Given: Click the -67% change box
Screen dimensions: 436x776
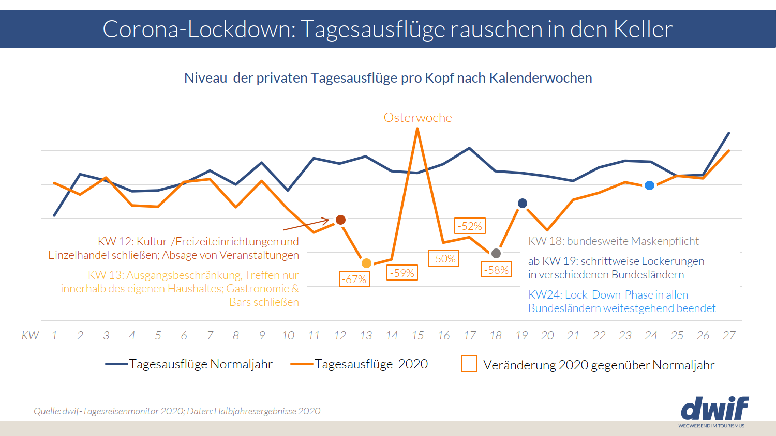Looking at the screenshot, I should point(355,279).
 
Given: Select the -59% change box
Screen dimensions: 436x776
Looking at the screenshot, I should point(402,273).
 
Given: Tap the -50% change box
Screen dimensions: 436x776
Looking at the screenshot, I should point(444,258).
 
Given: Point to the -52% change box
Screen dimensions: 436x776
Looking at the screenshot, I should point(470,226).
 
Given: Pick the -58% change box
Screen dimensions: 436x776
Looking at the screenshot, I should point(497,270).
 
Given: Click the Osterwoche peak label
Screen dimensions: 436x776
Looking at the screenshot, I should point(417,118).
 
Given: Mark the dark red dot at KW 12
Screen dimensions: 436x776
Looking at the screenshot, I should point(340,220).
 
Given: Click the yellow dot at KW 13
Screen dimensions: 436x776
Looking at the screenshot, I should point(366,263).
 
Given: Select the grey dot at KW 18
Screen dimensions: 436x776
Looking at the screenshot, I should point(496,253).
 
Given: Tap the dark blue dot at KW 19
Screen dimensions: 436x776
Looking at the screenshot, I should point(523,204).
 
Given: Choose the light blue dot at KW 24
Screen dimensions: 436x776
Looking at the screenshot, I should point(650,185).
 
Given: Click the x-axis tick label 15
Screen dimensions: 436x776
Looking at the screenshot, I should point(417,336).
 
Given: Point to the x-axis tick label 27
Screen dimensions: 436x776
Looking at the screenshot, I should point(729,336).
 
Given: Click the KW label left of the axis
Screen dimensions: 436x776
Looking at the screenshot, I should point(30,336).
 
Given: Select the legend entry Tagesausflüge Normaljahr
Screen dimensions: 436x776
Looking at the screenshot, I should point(200,364).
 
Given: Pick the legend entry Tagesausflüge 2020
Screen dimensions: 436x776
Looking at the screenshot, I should point(370,364).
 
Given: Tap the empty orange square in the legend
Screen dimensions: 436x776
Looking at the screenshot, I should point(469,364).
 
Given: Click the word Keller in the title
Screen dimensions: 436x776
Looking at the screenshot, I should point(643,29).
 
